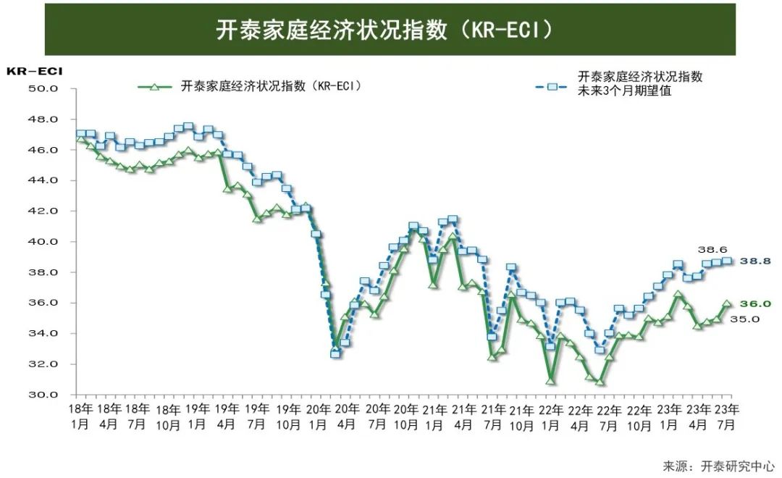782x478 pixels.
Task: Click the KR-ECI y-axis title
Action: (x=34, y=71)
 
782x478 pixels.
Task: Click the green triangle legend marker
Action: (x=154, y=86)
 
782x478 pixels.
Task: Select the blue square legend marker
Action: (x=551, y=86)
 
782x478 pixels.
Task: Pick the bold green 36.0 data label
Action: (x=754, y=304)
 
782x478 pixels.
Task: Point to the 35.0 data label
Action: (x=744, y=319)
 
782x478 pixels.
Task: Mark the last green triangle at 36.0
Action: (x=727, y=304)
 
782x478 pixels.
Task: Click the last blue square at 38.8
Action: (x=727, y=261)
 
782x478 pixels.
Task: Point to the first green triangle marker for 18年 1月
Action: (x=80, y=138)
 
